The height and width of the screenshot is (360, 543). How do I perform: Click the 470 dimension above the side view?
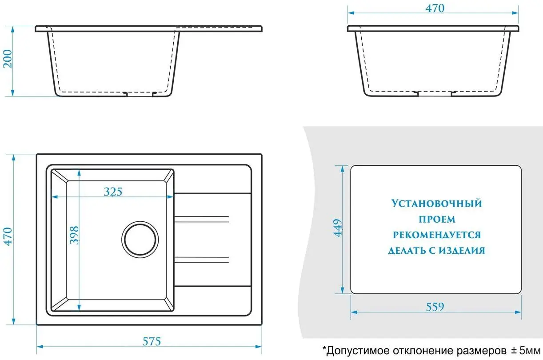(x=435, y=8)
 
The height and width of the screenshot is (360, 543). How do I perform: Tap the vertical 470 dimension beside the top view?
(x=8, y=240)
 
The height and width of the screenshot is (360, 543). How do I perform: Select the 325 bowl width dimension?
(x=113, y=192)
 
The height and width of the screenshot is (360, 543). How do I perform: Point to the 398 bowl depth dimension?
(x=74, y=236)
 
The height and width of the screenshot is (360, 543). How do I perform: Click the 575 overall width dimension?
(x=151, y=341)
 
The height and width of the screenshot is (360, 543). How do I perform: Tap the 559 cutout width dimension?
(x=435, y=307)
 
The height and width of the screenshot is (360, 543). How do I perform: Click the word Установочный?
(x=436, y=204)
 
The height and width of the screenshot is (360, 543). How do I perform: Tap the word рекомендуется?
(x=436, y=235)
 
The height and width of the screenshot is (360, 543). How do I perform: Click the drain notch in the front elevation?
(x=140, y=94)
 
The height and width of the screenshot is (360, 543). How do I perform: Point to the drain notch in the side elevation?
(x=435, y=93)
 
